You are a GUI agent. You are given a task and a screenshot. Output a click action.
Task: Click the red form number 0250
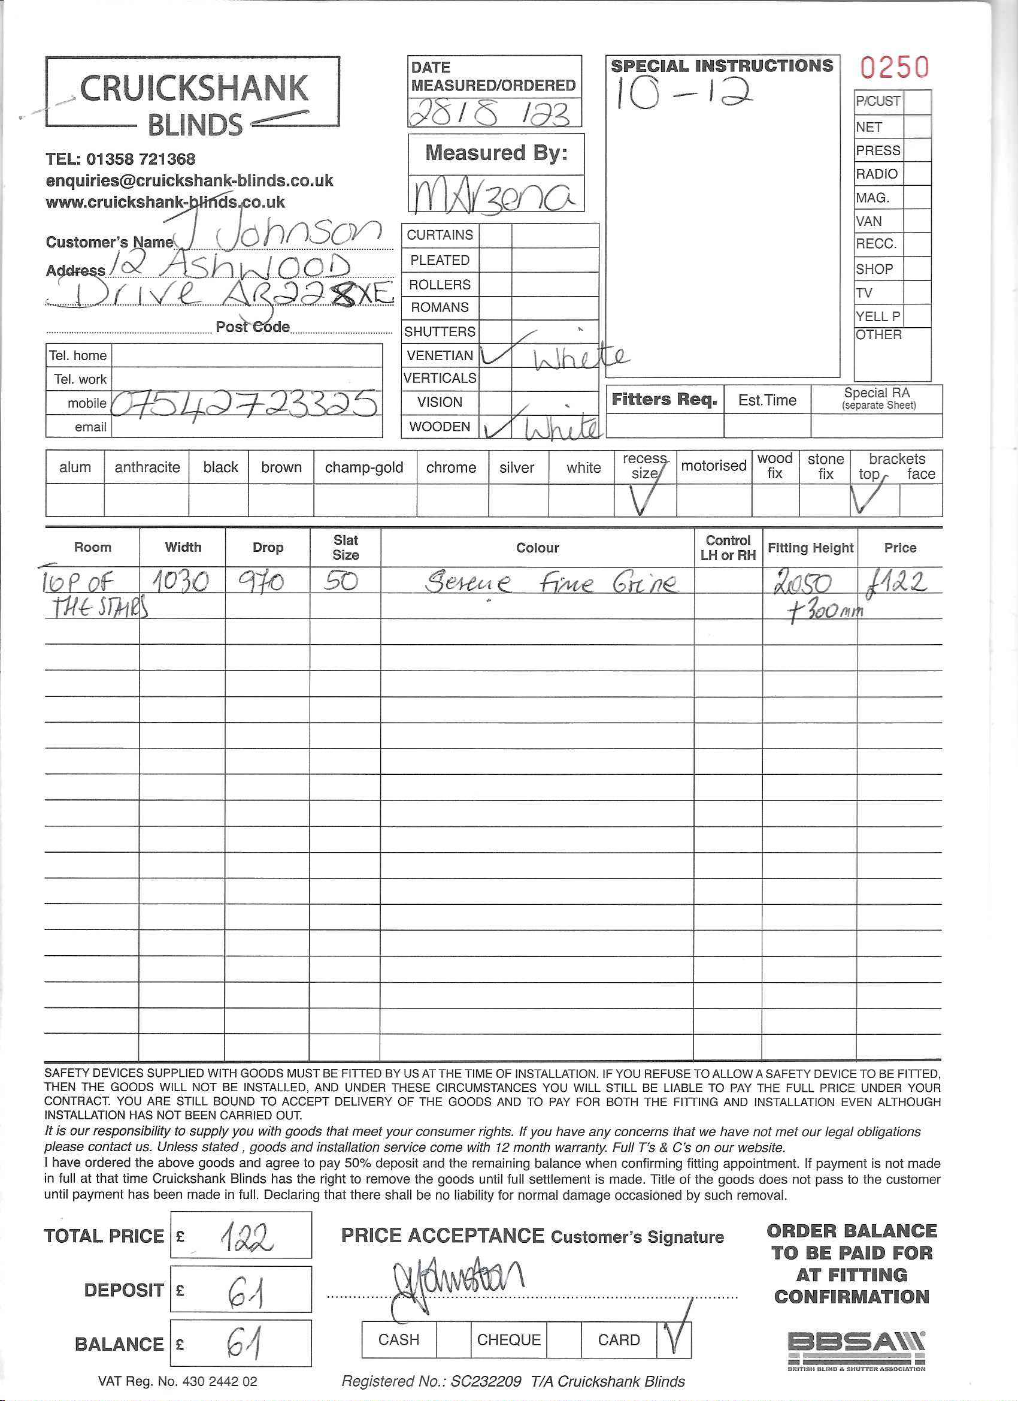tap(894, 67)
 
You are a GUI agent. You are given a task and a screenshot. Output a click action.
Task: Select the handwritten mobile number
tap(246, 403)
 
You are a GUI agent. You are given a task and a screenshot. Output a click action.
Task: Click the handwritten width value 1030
tap(181, 581)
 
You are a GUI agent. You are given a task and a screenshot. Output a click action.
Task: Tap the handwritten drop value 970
tap(261, 581)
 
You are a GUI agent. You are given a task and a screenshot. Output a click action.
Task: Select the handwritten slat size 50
tap(341, 581)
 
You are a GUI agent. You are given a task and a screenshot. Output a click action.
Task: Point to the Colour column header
tap(537, 547)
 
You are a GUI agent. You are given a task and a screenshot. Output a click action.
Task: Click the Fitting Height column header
tap(810, 547)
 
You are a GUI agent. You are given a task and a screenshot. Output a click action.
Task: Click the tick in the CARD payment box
tap(675, 1334)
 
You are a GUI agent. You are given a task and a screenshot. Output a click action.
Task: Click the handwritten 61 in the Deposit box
tap(246, 1292)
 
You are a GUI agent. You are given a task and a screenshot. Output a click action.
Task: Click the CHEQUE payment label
tap(508, 1339)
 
